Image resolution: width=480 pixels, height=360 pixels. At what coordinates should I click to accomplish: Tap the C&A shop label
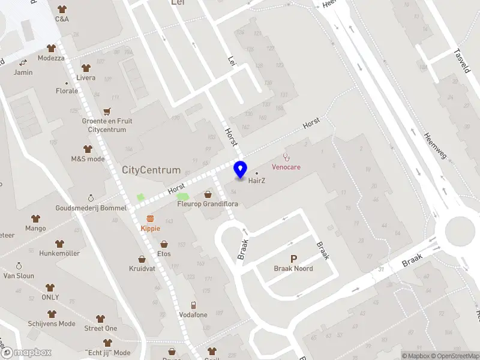tap(62, 19)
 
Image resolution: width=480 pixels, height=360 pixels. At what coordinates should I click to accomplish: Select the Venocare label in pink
tap(286, 167)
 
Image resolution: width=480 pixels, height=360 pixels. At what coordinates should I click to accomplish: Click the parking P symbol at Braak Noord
tap(293, 259)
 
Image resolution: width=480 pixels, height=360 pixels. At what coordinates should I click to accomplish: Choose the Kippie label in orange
tap(150, 229)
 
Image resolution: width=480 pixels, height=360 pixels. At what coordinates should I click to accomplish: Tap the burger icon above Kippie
tap(150, 218)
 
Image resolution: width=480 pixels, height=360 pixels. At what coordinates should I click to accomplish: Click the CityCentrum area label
tap(151, 170)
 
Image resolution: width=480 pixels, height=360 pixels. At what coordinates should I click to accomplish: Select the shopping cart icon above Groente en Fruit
tap(107, 111)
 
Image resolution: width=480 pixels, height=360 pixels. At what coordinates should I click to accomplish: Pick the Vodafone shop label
tap(193, 315)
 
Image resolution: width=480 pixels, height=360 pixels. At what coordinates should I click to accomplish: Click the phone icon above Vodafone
tap(193, 305)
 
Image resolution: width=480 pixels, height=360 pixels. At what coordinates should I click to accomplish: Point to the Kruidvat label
tap(142, 269)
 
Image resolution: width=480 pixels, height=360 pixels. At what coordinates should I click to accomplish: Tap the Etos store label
tap(164, 254)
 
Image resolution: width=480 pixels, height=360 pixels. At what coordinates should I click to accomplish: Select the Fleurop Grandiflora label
tap(208, 204)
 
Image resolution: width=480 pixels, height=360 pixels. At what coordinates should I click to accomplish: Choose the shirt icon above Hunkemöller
tap(59, 244)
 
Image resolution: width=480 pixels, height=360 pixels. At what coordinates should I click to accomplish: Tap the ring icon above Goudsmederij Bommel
tap(91, 197)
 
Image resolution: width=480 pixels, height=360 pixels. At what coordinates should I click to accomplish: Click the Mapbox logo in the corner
tap(26, 353)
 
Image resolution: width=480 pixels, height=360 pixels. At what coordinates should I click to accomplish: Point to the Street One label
tap(101, 328)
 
